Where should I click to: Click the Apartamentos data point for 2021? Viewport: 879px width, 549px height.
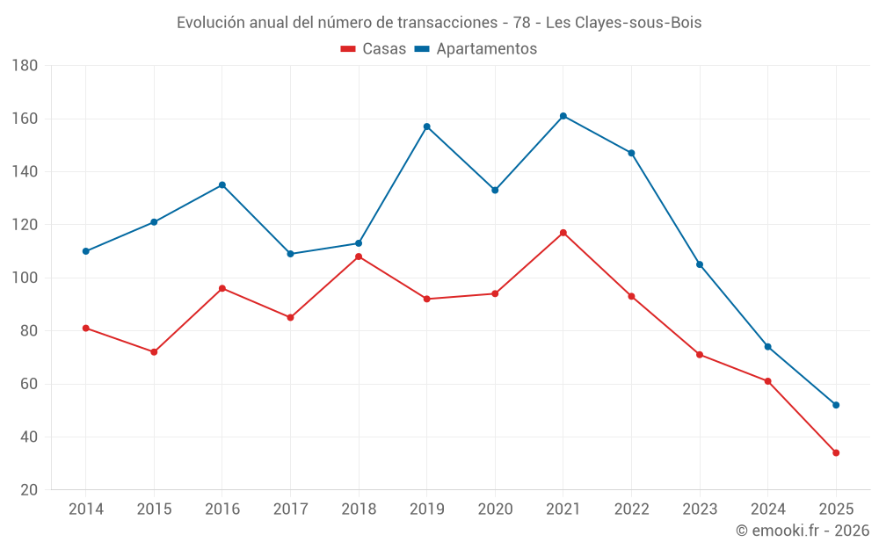point(563,116)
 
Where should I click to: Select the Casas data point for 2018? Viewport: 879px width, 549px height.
point(359,256)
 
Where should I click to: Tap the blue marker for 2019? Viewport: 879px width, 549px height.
point(427,126)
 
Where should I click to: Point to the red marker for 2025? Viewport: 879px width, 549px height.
point(836,453)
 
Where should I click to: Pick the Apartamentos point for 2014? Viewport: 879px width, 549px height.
point(86,251)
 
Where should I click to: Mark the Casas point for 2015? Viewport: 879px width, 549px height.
point(154,352)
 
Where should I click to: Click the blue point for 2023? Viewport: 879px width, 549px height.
point(700,264)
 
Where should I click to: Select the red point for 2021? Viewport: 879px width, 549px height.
point(563,233)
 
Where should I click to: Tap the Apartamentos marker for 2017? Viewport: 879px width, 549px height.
point(290,254)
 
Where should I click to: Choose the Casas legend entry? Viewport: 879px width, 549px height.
point(374,49)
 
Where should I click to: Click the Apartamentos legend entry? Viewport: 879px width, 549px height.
point(476,49)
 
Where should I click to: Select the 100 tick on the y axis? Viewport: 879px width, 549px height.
point(25,278)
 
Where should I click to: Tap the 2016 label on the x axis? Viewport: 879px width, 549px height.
point(222,509)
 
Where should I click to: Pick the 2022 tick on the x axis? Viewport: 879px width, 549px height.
point(632,509)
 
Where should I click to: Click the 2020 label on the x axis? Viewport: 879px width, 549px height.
point(495,509)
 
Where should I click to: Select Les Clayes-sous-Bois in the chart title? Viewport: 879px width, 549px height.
point(623,23)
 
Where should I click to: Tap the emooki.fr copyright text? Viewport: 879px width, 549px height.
point(803,531)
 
